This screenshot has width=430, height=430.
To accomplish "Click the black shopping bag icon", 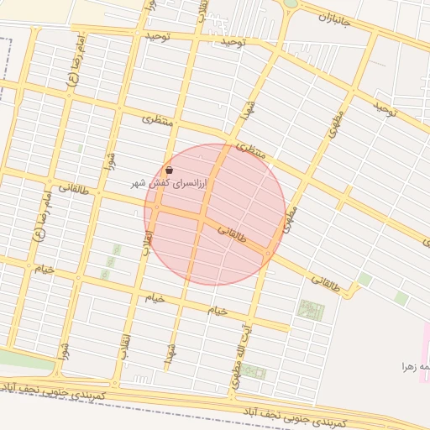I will (170, 170).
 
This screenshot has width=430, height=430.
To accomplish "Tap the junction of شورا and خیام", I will (78, 278).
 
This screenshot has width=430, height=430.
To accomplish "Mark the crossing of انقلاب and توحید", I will (198, 38).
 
